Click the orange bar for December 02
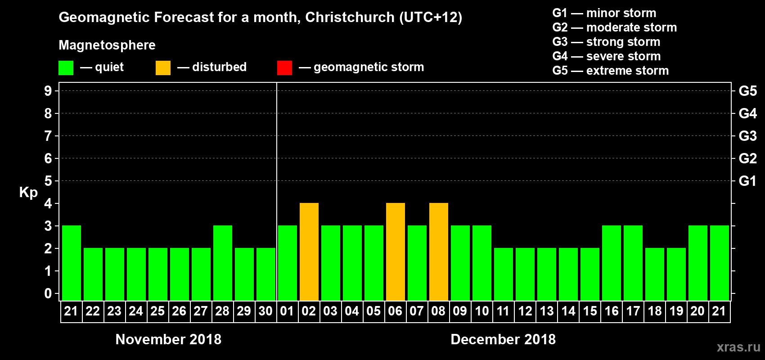[309, 252]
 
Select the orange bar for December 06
[396, 252]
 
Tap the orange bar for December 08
[439, 252]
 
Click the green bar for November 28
[223, 263]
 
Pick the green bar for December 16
[612, 263]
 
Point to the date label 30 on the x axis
[265, 311]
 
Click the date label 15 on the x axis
[590, 311]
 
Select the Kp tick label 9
[48, 91]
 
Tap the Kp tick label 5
[48, 181]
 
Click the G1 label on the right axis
[747, 181]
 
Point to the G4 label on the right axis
[747, 113]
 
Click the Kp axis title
[28, 192]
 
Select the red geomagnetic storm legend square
[284, 68]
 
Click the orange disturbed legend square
[163, 68]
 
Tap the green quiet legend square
[66, 68]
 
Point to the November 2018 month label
[168, 339]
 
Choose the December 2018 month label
[503, 339]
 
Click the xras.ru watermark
[738, 347]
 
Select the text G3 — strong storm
[606, 42]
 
